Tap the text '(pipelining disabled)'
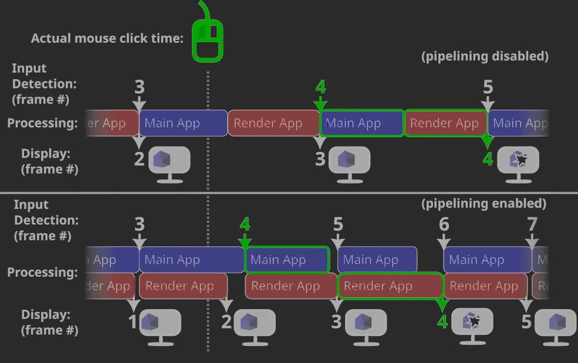pyautogui.click(x=485, y=56)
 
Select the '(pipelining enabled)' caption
pyautogui.click(x=484, y=203)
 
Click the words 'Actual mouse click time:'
pyautogui.click(x=107, y=39)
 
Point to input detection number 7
pyautogui.click(x=532, y=224)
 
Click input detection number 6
pyautogui.click(x=444, y=224)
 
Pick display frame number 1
pyautogui.click(x=133, y=321)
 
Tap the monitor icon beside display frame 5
pyautogui.click(x=555, y=323)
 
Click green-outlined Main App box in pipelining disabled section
pyautogui.click(x=361, y=123)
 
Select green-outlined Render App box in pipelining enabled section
pyautogui.click(x=390, y=286)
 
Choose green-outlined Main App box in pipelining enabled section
pyautogui.click(x=287, y=260)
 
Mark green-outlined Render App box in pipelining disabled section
pyautogui.click(x=445, y=123)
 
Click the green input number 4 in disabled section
pyautogui.click(x=320, y=87)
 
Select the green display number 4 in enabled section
pyautogui.click(x=442, y=321)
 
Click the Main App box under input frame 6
pyautogui.click(x=487, y=260)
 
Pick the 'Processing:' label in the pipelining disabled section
pyautogui.click(x=42, y=123)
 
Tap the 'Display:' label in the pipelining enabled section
pyautogui.click(x=46, y=314)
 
